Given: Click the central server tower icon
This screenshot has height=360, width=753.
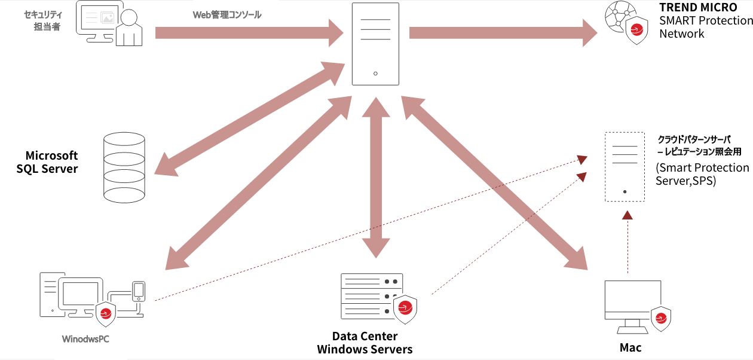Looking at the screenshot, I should pos(375,44).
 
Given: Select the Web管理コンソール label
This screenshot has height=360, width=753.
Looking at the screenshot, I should pos(226,15).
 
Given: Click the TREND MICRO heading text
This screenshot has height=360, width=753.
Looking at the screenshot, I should pos(698,8).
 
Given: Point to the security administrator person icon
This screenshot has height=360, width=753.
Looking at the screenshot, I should pos(128,28).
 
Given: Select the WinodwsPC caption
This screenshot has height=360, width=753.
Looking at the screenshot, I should pos(85,340).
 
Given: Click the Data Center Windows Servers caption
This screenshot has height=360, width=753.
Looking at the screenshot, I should pos(365,343).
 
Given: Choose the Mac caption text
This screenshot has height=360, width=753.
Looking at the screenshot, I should pos(630,347).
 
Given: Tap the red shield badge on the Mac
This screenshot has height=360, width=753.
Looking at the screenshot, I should pos(661,319).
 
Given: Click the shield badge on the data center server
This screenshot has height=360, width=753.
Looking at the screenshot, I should pos(405,309).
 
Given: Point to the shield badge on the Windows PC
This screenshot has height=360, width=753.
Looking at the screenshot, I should pos(106,313).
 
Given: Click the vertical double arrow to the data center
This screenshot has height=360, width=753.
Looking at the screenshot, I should pos(375,176).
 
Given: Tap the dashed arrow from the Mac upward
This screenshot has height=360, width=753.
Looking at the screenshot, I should pos(627,242).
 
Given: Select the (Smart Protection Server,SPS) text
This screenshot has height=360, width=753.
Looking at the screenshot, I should pos(702,174).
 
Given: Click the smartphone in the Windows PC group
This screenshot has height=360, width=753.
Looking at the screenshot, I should pos(139,291).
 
